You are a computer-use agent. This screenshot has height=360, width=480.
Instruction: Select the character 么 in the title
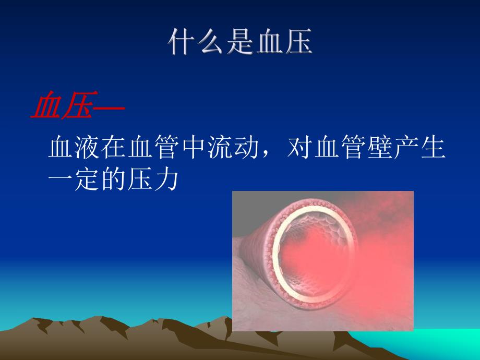click(x=210, y=43)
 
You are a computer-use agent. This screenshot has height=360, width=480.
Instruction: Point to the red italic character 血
click(x=46, y=107)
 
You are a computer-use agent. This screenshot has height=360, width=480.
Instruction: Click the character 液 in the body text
click(x=87, y=149)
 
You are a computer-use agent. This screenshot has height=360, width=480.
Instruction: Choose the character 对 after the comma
click(x=300, y=149)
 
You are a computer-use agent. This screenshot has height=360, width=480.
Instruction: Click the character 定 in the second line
click(x=87, y=180)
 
